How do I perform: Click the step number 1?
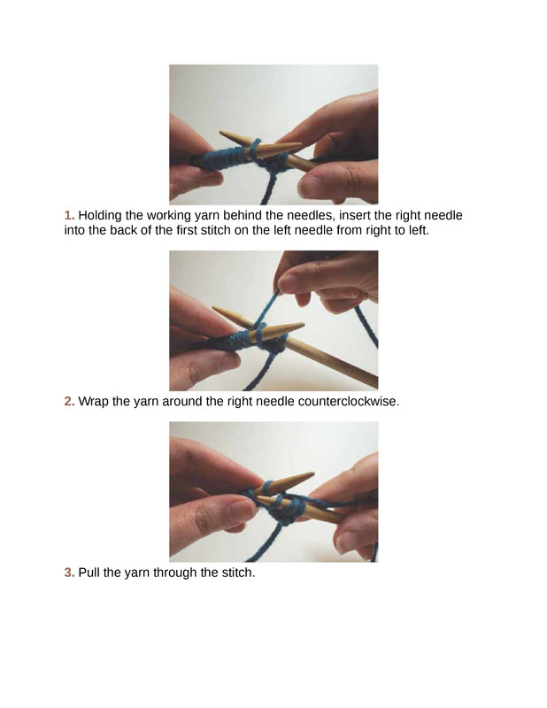[69, 215]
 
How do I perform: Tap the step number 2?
[69, 402]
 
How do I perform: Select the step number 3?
[69, 573]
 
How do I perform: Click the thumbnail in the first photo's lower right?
[311, 186]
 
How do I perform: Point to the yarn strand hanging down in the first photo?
[269, 188]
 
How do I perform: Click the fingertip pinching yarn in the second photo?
[287, 283]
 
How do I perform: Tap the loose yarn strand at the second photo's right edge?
[367, 326]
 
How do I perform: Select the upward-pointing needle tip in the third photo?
[312, 474]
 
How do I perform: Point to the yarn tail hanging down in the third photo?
[261, 544]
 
